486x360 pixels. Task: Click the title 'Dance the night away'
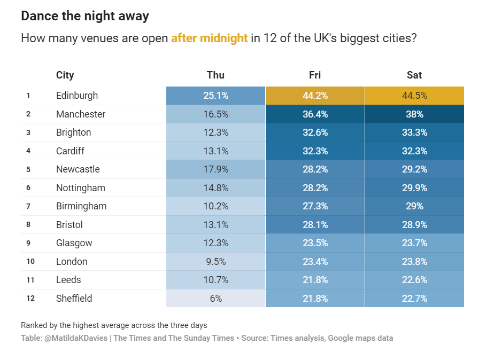tap(84, 16)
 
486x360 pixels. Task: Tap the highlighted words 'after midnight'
tap(209, 38)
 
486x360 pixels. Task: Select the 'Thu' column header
tap(215, 75)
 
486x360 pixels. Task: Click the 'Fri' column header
tap(315, 75)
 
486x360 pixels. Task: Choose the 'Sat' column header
tap(414, 75)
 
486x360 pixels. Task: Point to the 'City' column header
tap(65, 75)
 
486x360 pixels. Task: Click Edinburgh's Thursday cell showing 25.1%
tap(215, 96)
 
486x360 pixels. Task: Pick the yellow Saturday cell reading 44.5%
tap(414, 96)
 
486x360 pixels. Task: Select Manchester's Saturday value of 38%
tap(414, 114)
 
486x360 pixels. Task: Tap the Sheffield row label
tap(74, 299)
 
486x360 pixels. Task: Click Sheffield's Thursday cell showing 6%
tap(215, 299)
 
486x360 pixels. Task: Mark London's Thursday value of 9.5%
tap(215, 262)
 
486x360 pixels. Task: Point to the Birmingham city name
tap(81, 206)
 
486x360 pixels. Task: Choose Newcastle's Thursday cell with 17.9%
tap(215, 169)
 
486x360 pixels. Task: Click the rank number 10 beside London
tap(30, 262)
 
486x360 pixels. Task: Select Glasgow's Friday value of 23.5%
tap(315, 243)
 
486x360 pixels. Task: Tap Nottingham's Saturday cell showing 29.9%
tap(414, 188)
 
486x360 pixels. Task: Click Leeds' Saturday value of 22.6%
tap(414, 280)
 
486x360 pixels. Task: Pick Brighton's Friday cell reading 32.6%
tap(315, 132)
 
